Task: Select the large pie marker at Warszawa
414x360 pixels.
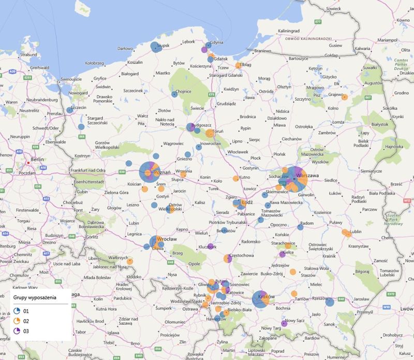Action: tap(293, 179)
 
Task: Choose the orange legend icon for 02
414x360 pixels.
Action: tap(17, 321)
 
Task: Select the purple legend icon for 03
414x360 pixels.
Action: tap(17, 330)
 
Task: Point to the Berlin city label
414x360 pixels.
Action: tap(37, 160)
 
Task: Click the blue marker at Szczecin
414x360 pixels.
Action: tap(69, 110)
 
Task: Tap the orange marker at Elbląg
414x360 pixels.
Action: tap(239, 65)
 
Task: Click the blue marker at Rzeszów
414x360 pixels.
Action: tap(330, 302)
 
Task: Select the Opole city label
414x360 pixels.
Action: tap(195, 264)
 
